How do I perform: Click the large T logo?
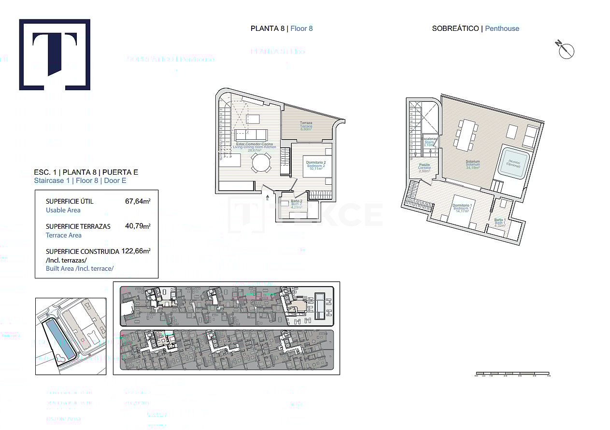pyautogui.click(x=55, y=55)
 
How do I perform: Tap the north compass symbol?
pyautogui.click(x=566, y=50)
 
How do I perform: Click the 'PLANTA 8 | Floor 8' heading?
pyautogui.click(x=282, y=28)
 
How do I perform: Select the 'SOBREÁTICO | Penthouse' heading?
pyautogui.click(x=475, y=28)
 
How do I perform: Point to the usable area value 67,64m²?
pyautogui.click(x=138, y=201)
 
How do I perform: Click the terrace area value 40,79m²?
pyautogui.click(x=138, y=226)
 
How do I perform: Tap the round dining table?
pyautogui.click(x=261, y=163)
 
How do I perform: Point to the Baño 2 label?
pyautogui.click(x=297, y=203)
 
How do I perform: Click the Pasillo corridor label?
pyautogui.click(x=424, y=167)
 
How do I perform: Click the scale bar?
pyautogui.click(x=512, y=374)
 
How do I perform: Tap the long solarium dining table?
pyautogui.click(x=467, y=135)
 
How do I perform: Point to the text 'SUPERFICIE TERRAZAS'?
pyautogui.click(x=78, y=226)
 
